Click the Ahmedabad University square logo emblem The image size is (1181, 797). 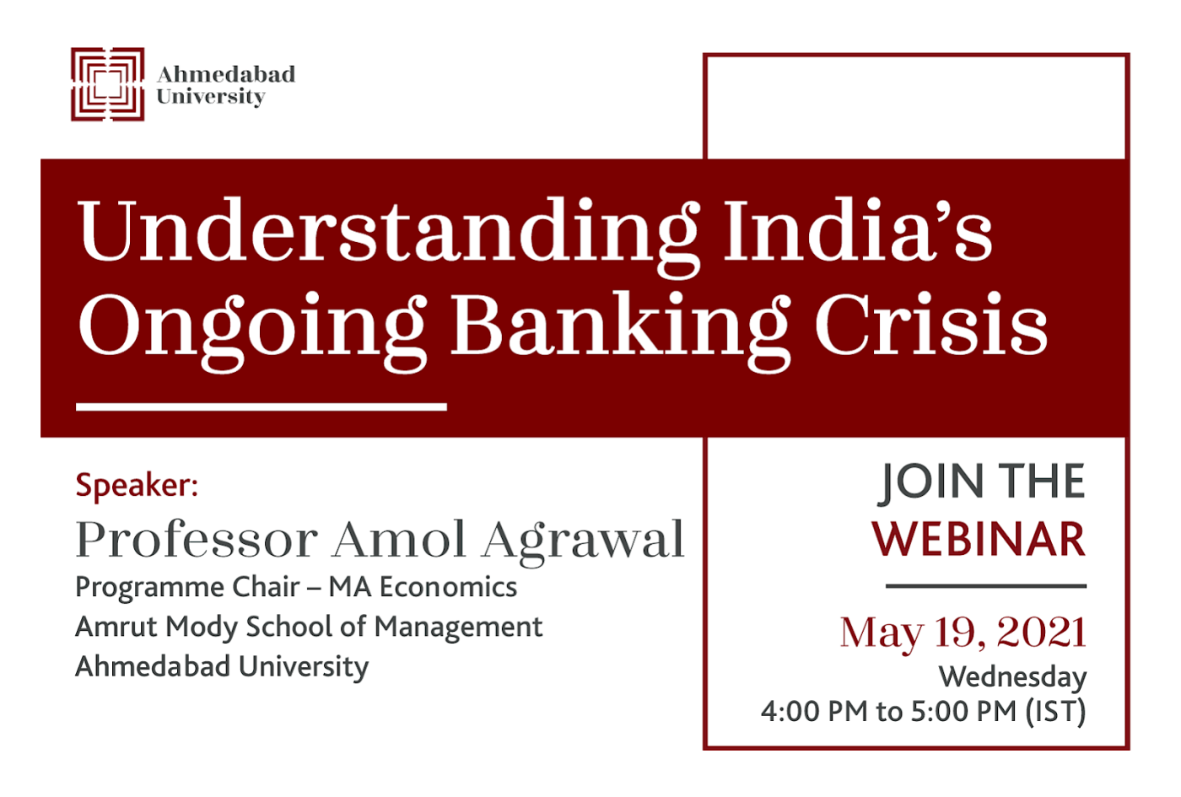(108, 84)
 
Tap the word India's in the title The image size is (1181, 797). (859, 229)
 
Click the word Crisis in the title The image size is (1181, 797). (931, 323)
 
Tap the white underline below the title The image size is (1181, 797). (262, 407)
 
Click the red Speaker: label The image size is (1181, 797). (137, 486)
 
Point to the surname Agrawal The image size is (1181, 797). (584, 543)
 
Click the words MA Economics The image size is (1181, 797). (423, 587)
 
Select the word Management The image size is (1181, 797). (459, 628)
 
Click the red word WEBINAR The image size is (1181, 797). (979, 540)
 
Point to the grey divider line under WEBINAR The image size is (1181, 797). (986, 585)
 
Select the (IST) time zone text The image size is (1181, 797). (1056, 712)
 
